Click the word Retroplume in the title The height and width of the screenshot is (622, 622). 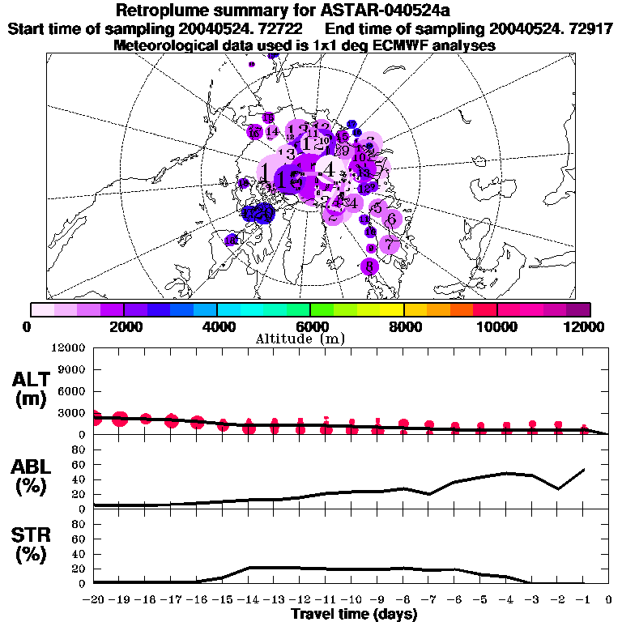coord(160,11)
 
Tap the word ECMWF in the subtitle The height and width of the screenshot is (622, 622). coord(386,45)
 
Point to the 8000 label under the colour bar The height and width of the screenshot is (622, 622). coord(403,326)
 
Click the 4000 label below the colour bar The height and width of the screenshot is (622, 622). coord(215,326)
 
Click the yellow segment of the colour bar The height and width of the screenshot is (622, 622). coord(392,309)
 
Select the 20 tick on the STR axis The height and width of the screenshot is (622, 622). coord(80,569)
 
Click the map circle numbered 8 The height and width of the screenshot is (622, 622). coord(370,266)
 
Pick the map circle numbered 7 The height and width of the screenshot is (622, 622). coord(390,244)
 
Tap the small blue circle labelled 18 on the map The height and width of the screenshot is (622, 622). coord(232,240)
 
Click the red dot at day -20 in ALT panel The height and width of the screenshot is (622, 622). coord(94,418)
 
